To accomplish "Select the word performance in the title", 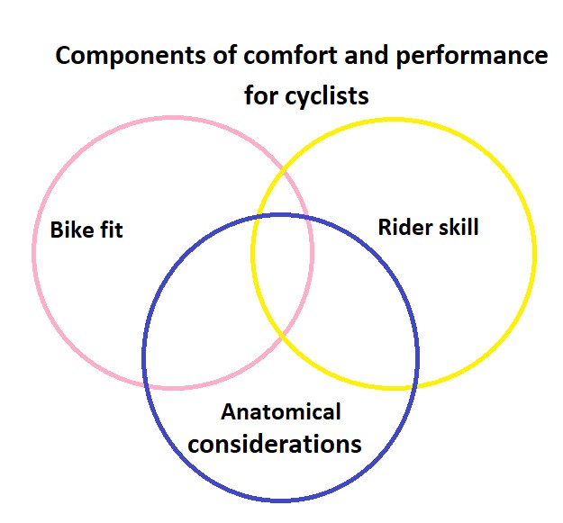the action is pyautogui.click(x=472, y=57).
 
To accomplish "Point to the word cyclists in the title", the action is pyautogui.click(x=327, y=95).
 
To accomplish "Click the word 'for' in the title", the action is pyautogui.click(x=262, y=95).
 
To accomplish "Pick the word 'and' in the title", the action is pyautogui.click(x=367, y=55).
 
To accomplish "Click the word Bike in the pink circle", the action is pyautogui.click(x=72, y=230).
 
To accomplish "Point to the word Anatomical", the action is pyautogui.click(x=281, y=411).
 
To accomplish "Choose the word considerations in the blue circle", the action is pyautogui.click(x=275, y=444).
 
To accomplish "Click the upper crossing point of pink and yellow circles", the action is pyautogui.click(x=284, y=171).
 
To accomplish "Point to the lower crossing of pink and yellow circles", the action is pyautogui.click(x=283, y=334).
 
